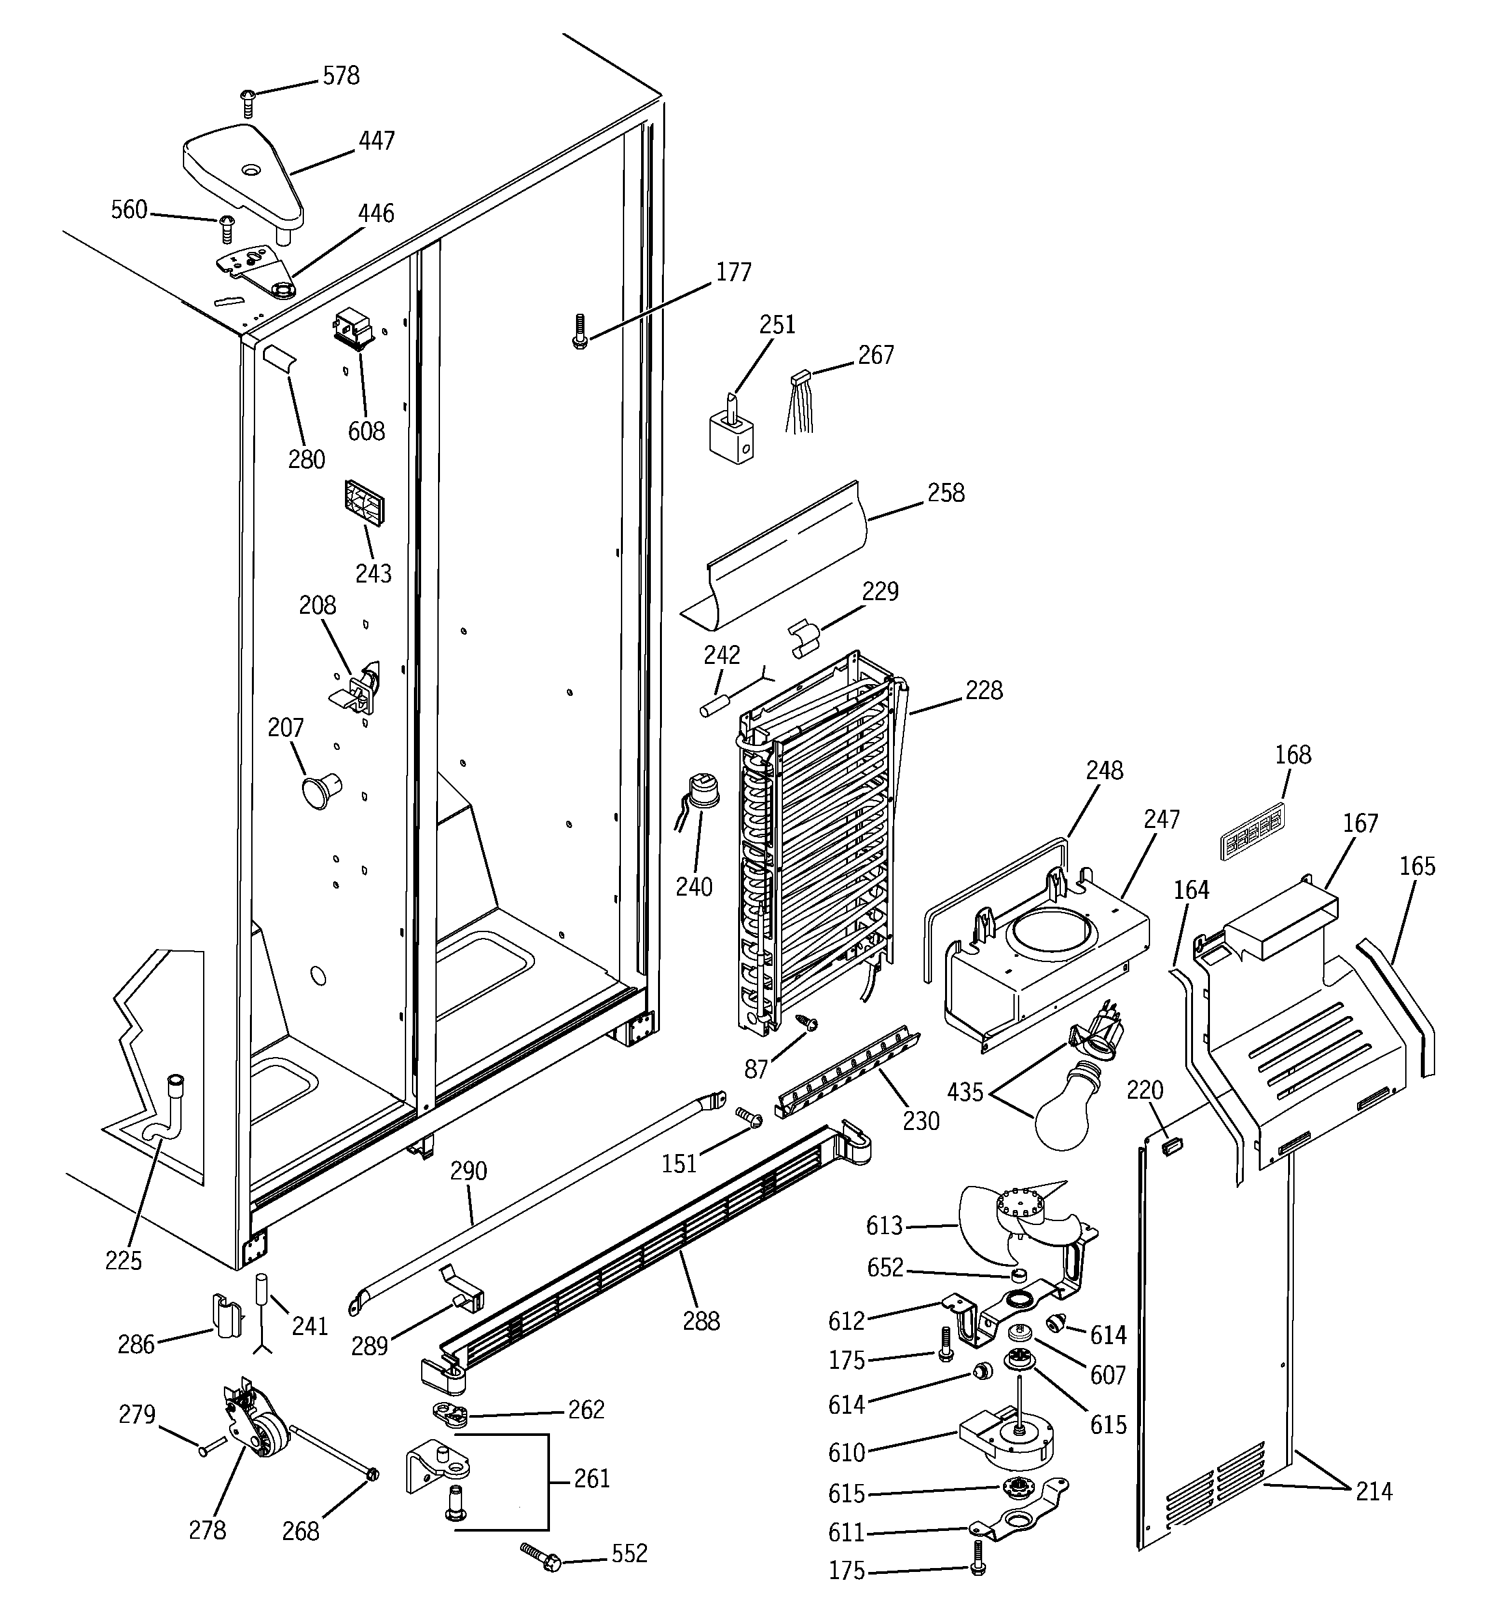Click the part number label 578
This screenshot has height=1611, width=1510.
tap(340, 76)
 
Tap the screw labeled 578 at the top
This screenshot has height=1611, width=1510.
tap(247, 102)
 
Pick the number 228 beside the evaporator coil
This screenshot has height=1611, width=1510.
tap(983, 691)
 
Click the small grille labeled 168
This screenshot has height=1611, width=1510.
tap(1252, 831)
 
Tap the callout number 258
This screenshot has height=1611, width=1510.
tap(945, 493)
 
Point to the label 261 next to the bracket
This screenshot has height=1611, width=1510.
tap(592, 1479)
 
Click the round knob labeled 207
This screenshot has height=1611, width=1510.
tap(320, 790)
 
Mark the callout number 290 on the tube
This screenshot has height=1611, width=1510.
tap(468, 1170)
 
